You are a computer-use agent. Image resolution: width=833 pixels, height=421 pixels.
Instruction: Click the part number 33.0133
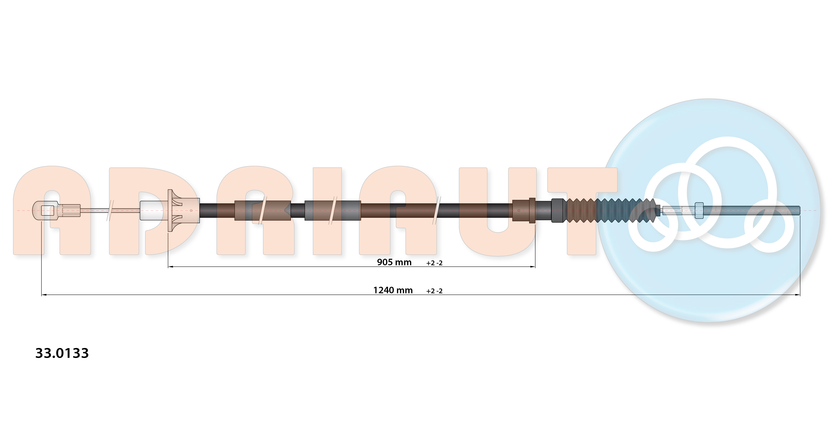point(62,353)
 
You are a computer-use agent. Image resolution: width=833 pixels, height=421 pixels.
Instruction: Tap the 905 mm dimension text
point(394,262)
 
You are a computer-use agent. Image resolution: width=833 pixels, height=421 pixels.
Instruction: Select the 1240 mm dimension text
point(393,290)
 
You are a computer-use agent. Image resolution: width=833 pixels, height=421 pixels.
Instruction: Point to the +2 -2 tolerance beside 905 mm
point(434,263)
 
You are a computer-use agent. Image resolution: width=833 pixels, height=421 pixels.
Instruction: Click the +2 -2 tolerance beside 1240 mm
point(434,291)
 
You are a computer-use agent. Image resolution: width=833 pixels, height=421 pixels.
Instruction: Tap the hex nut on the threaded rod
point(699,210)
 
